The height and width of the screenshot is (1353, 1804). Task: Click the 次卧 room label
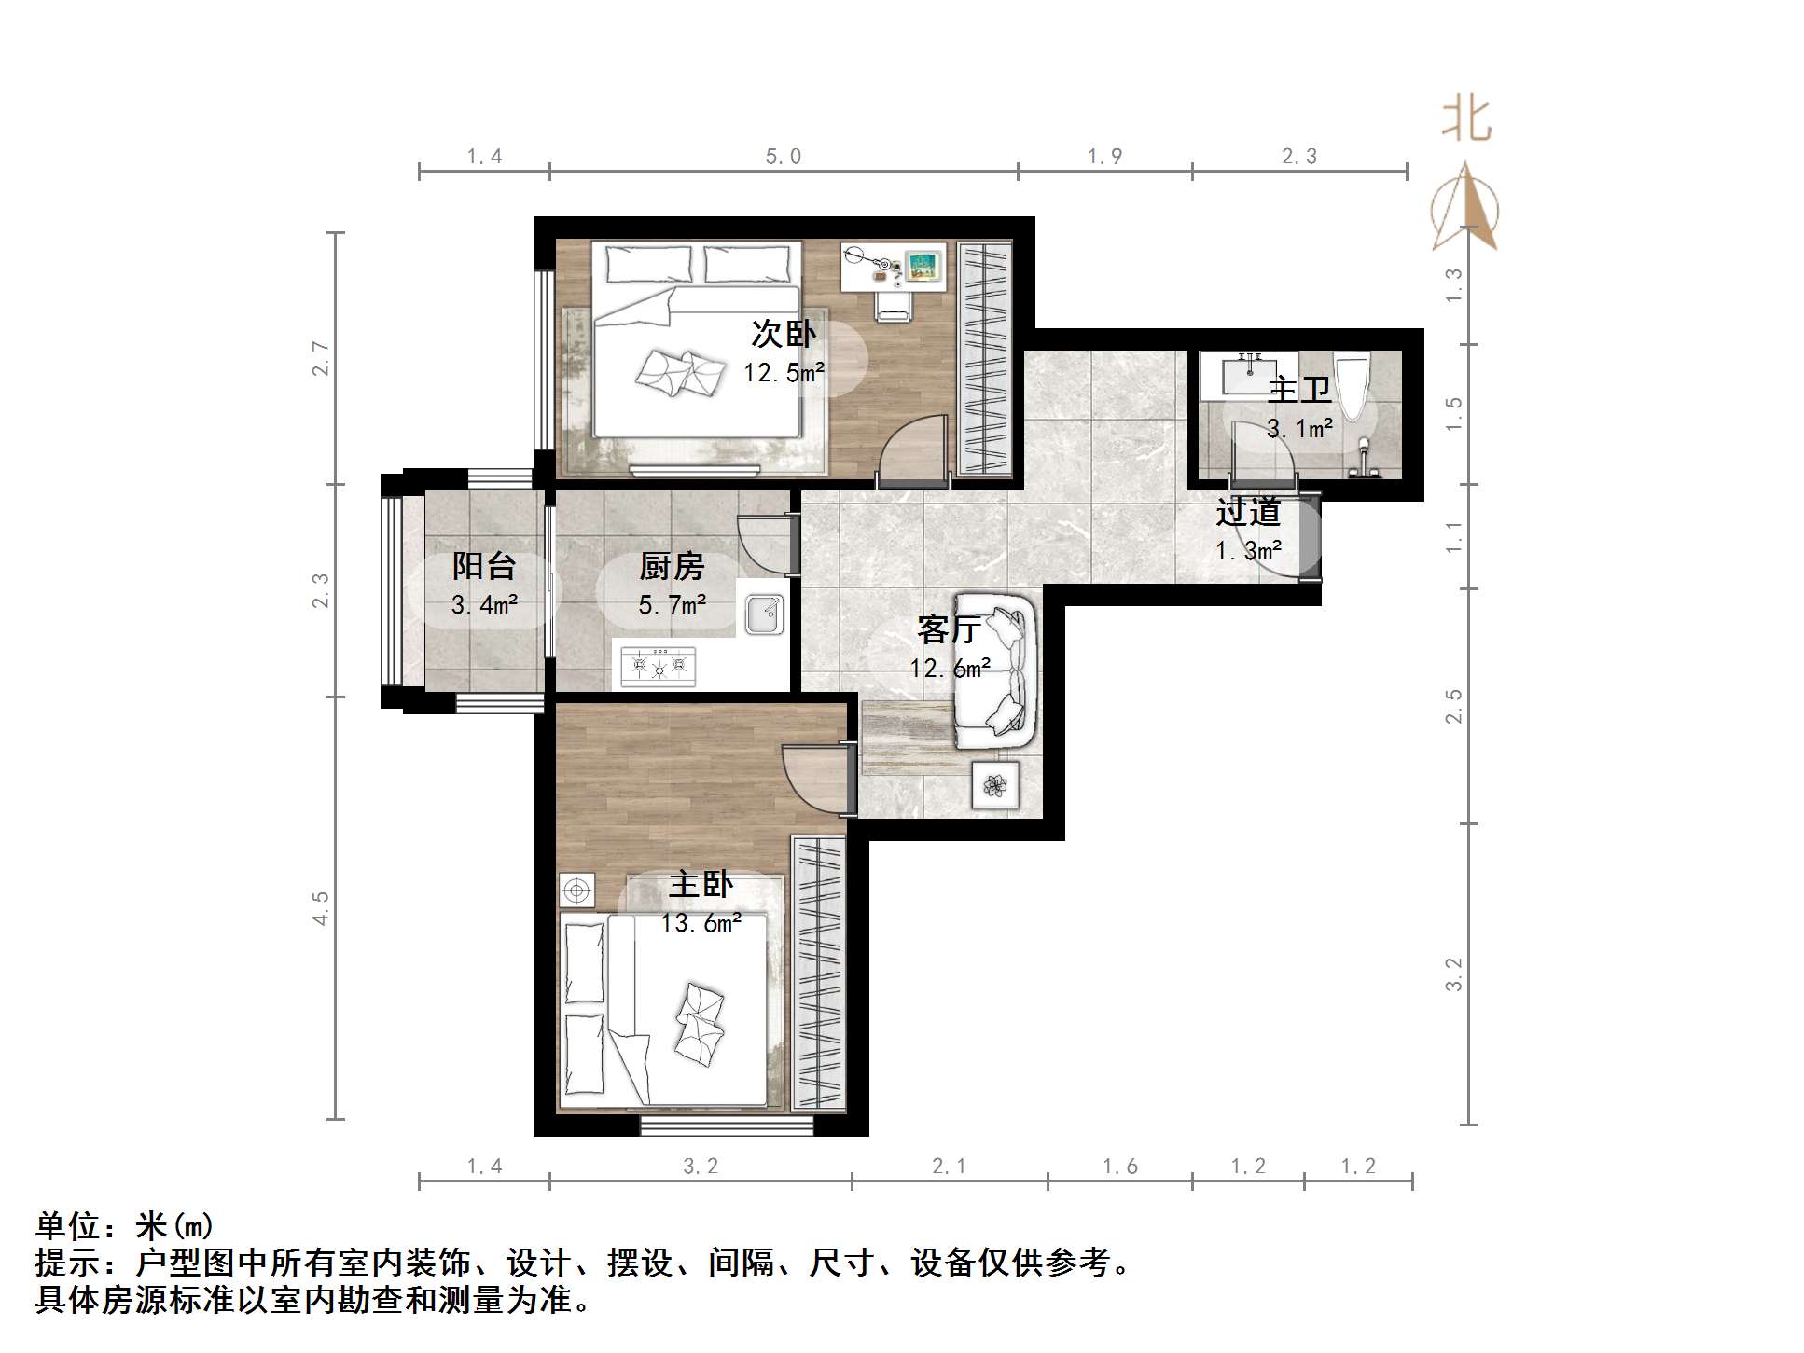[x=783, y=333]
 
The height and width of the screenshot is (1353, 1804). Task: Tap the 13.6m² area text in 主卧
[x=701, y=923]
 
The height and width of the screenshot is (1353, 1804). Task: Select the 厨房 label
[x=672, y=566]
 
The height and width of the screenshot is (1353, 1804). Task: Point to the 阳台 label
[x=484, y=566]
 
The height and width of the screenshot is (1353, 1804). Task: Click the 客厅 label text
[x=948, y=629]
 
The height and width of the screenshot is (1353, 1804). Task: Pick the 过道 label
[x=1247, y=512]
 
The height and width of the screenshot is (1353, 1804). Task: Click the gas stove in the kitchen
[x=659, y=665]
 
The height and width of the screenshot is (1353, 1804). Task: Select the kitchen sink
[x=765, y=614]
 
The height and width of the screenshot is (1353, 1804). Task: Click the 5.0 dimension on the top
[x=783, y=157]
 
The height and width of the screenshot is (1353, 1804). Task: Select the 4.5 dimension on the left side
[x=321, y=907]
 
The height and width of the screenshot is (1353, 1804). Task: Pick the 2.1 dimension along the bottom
[x=949, y=1166]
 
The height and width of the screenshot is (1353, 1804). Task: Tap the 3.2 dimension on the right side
[x=1454, y=974]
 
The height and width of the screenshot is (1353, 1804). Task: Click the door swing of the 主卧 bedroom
[x=813, y=778]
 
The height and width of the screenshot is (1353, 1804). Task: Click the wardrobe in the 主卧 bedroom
[x=818, y=973]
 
